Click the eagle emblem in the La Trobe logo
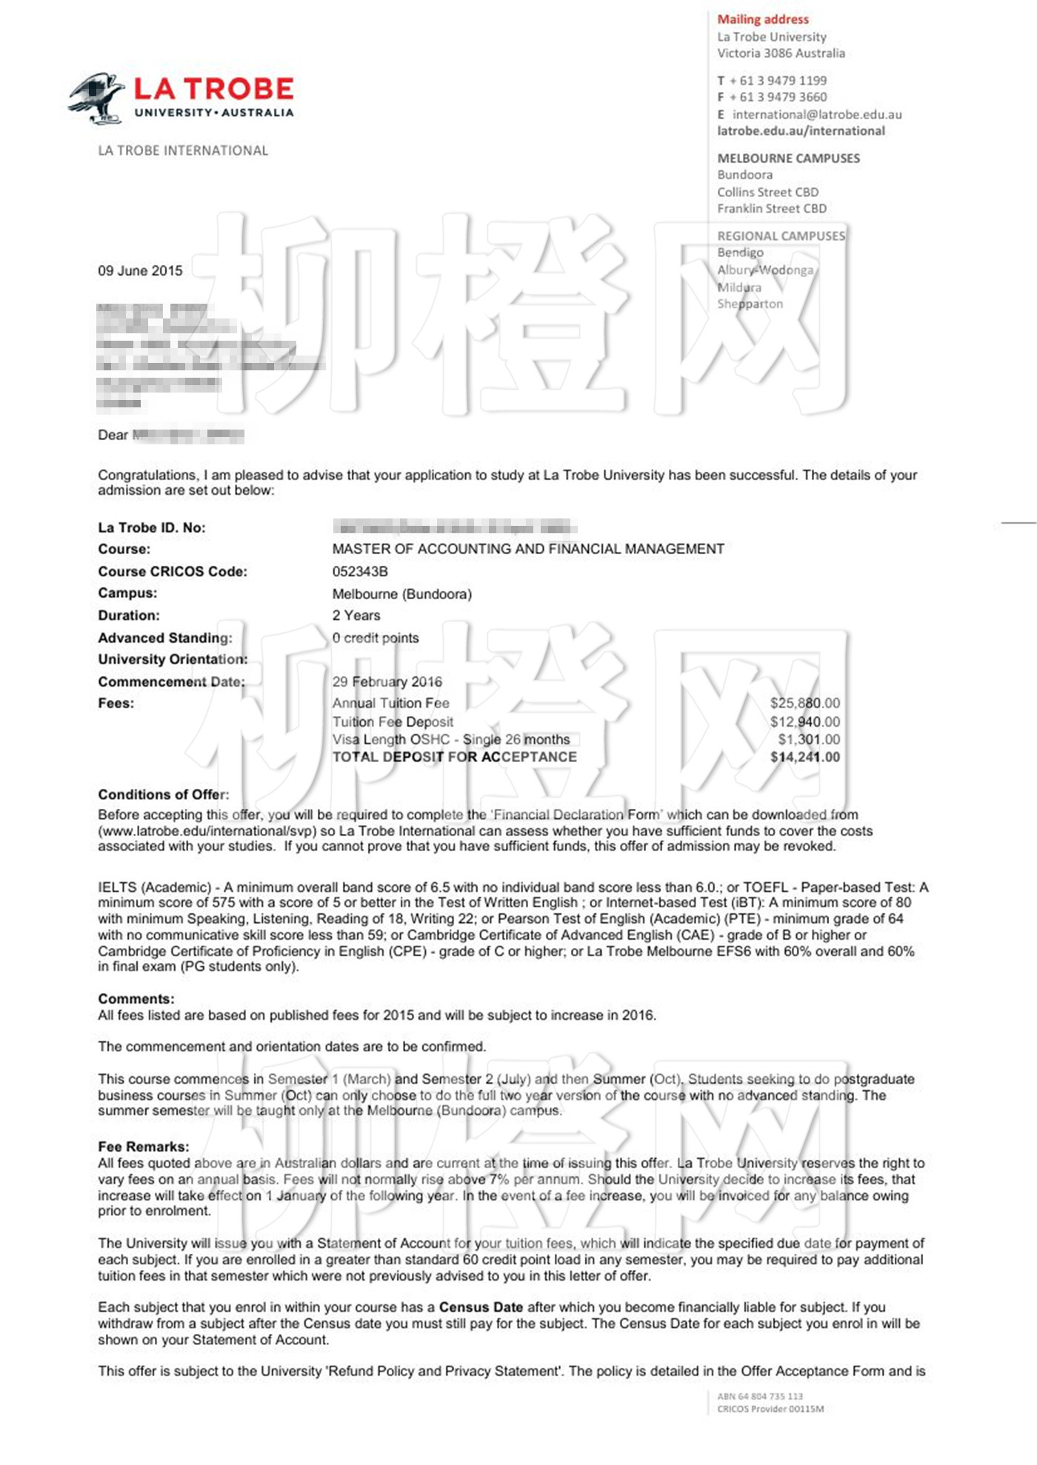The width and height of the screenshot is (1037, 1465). pos(97,97)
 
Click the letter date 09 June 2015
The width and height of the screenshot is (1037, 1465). pos(140,271)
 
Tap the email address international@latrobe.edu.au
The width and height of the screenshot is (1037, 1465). pos(817,115)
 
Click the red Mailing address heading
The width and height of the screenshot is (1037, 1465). pos(763,19)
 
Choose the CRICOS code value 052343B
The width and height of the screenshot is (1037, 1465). pos(360,572)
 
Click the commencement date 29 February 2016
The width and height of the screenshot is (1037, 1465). pos(387,681)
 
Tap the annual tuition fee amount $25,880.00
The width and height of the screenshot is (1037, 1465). pos(805,703)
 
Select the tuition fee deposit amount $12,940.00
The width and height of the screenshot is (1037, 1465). pos(805,721)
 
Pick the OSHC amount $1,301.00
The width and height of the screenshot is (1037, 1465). pos(809,739)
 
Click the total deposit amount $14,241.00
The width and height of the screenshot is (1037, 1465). pos(805,757)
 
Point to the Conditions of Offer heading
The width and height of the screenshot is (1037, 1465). pos(164,795)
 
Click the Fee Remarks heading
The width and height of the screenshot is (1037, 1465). pos(144,1147)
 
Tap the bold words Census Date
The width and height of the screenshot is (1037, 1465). pos(481,1307)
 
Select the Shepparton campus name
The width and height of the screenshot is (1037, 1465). pos(750,304)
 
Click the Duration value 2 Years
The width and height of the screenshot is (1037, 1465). pos(356,615)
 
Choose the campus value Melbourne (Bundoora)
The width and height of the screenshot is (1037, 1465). pos(401,594)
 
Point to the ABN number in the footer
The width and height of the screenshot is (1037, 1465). pos(760,1396)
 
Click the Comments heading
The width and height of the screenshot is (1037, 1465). pos(136,999)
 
